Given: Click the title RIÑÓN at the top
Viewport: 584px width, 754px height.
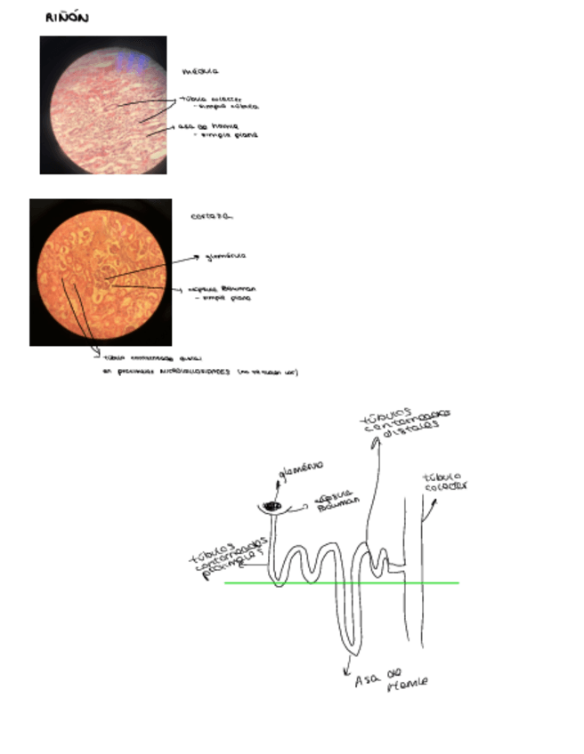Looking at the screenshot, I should [66, 18].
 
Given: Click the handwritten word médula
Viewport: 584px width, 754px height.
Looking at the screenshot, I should [200, 70].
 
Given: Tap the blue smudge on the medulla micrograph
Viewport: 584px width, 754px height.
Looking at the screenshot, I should [133, 60].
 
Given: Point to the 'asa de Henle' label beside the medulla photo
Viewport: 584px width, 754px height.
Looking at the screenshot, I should [207, 126].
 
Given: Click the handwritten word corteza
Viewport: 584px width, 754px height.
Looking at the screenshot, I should [211, 216].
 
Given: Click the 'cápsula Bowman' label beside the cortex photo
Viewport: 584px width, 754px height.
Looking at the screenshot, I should [220, 289].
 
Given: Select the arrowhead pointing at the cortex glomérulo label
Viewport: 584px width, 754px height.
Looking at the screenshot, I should [197, 257].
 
